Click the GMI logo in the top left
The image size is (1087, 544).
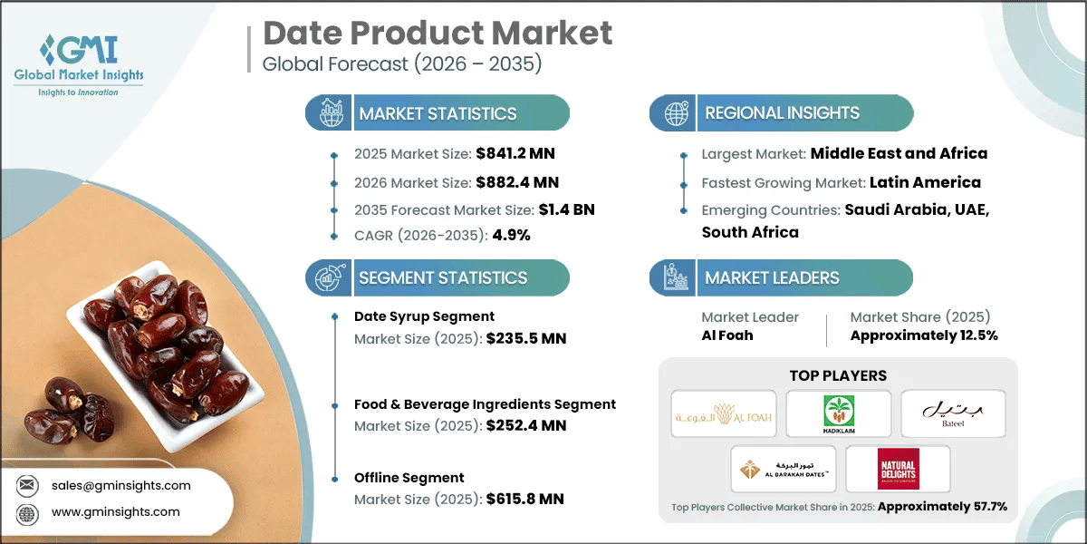79,63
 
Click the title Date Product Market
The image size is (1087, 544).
438,34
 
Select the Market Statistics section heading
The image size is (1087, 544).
438,113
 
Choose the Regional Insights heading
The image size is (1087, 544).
782,113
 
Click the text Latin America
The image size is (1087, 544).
925,182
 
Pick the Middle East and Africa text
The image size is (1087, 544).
899,154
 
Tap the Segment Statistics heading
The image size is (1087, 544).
442,277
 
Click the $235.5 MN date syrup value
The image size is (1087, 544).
525,339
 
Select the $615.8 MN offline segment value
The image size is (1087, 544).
525,500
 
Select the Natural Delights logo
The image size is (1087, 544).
898,469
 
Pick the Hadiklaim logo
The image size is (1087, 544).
838,413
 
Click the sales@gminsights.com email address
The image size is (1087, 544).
120,485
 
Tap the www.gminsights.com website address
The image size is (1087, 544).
115,511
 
